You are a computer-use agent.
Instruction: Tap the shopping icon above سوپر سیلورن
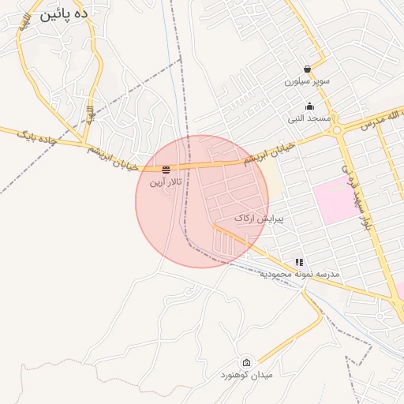tap(307, 69)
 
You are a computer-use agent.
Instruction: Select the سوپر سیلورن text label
tap(307, 81)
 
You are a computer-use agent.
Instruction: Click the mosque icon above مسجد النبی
tap(309, 107)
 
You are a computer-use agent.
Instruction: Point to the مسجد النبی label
tap(309, 118)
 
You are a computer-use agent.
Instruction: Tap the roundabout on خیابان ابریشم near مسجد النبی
tap(338, 129)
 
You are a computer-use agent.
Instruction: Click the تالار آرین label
tap(166, 182)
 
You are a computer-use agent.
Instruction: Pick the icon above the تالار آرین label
tap(166, 170)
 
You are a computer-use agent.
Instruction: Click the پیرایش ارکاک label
tap(258, 217)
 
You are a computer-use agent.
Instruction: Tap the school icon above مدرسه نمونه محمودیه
tap(299, 262)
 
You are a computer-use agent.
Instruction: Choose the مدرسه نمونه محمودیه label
tap(299, 274)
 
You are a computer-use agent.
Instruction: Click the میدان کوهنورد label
tap(246, 375)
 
